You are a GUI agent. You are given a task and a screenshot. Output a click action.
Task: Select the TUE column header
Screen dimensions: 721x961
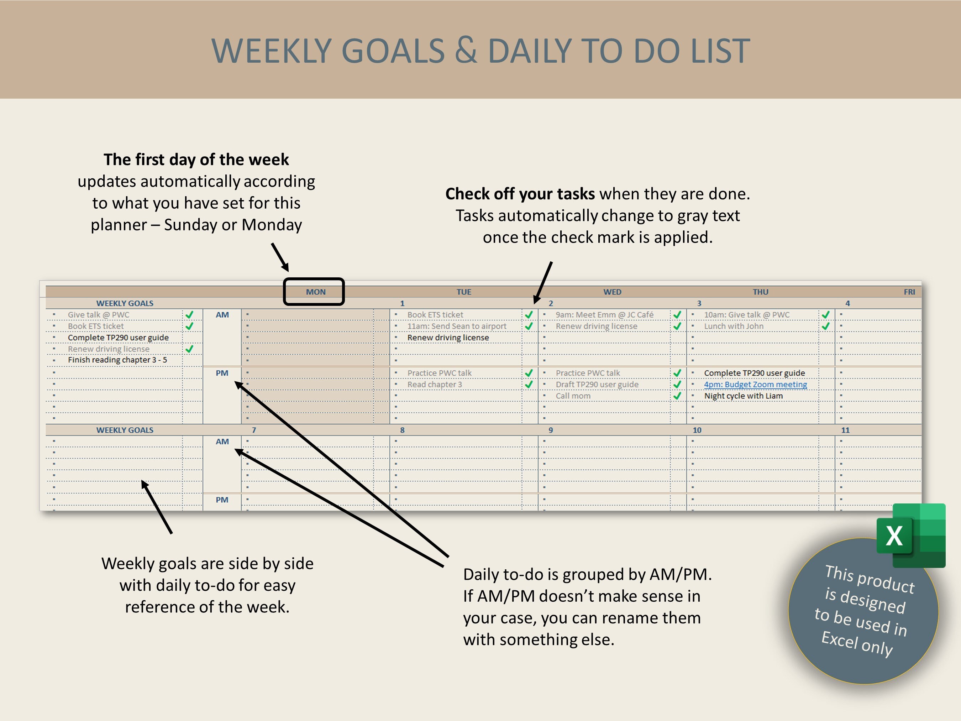pyautogui.click(x=463, y=292)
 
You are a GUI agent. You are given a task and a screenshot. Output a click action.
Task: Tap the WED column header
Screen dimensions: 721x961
pyautogui.click(x=612, y=292)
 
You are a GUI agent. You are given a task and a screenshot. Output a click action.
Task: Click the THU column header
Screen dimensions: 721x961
pyautogui.click(x=760, y=292)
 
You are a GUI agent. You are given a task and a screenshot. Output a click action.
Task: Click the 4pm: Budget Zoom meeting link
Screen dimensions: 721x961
pyautogui.click(x=755, y=385)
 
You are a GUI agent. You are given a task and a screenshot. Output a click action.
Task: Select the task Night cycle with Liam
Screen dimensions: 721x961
pyautogui.click(x=743, y=396)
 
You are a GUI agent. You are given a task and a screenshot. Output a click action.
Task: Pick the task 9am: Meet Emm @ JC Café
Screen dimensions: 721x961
pyautogui.click(x=604, y=315)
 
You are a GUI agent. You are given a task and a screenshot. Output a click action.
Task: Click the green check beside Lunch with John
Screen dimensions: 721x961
pyautogui.click(x=825, y=326)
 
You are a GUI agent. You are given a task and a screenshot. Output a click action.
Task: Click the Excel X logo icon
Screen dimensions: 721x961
pyautogui.click(x=910, y=535)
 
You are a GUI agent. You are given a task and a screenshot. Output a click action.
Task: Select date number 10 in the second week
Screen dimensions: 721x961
pyautogui.click(x=697, y=430)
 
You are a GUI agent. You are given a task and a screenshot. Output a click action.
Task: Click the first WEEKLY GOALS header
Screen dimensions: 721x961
pyautogui.click(x=125, y=303)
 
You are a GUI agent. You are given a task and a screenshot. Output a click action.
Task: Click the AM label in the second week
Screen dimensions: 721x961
pyautogui.click(x=222, y=442)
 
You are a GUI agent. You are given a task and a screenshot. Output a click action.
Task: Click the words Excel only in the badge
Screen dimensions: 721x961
pyautogui.click(x=857, y=644)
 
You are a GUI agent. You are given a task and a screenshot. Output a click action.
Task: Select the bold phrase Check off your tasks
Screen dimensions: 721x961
pyautogui.click(x=520, y=194)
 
